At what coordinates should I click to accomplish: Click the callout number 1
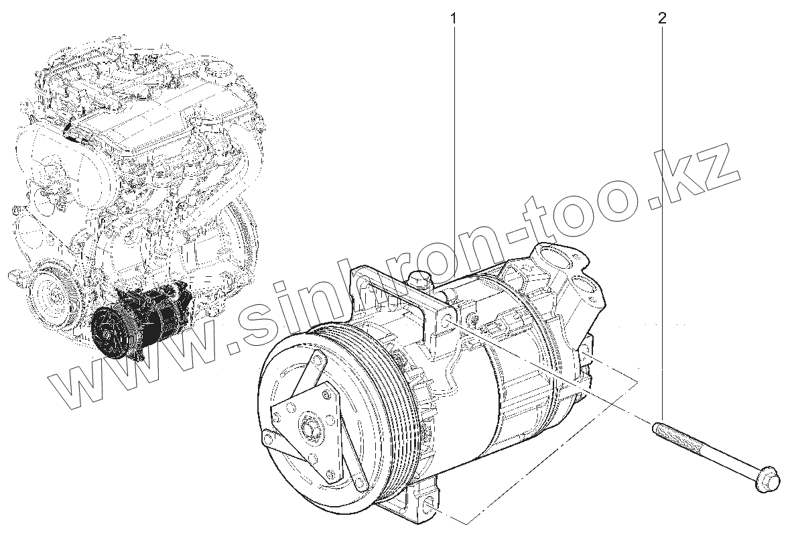click(454, 19)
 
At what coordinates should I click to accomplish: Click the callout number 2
click(661, 19)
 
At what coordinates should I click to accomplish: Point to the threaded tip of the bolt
click(657, 428)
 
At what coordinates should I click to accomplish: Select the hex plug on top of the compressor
click(419, 280)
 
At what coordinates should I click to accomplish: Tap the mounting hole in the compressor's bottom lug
click(430, 509)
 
